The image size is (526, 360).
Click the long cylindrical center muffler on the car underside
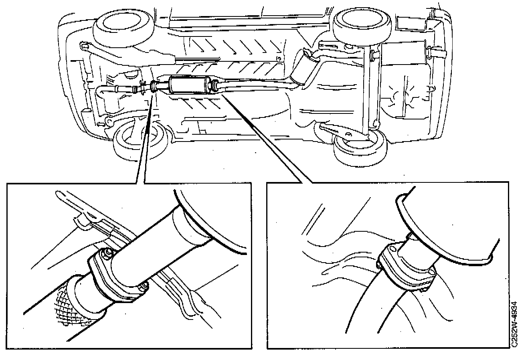click(x=188, y=85)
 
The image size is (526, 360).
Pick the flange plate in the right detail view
click(x=405, y=267)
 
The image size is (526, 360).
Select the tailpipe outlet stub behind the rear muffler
click(x=435, y=52)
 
